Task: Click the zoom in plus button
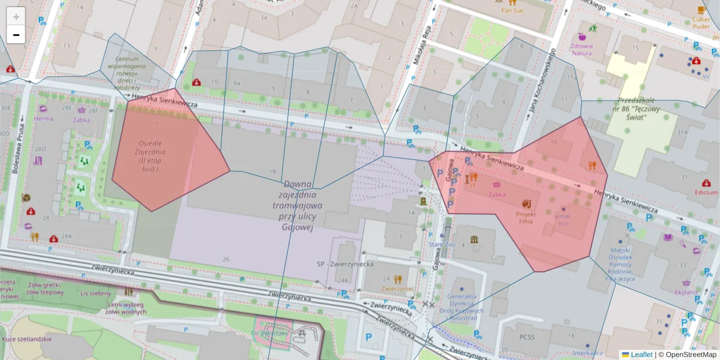[x=16, y=16]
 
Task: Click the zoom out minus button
[x=16, y=35]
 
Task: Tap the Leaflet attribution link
[x=641, y=355]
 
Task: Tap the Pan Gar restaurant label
[x=513, y=10]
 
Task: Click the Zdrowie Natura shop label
[x=581, y=49]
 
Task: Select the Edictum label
[x=706, y=193]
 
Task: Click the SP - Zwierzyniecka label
[x=345, y=264]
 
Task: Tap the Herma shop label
[x=43, y=118]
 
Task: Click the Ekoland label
[x=686, y=292]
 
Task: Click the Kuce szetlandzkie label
[x=27, y=339]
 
